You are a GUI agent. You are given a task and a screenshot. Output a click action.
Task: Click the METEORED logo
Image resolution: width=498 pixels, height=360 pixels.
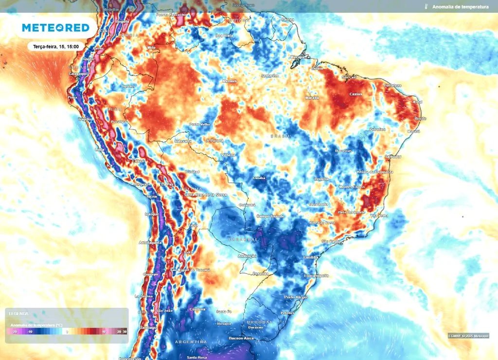(x=55, y=28)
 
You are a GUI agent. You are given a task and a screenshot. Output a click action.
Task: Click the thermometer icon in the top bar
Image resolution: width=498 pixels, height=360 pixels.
(x=426, y=7)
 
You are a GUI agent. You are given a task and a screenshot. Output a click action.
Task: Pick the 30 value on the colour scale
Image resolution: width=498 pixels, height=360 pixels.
(x=125, y=331)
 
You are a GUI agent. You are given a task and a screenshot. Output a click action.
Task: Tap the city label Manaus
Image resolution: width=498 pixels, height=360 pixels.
(x=229, y=81)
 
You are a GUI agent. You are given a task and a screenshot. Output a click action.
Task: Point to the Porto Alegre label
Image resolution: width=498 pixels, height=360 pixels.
(x=296, y=297)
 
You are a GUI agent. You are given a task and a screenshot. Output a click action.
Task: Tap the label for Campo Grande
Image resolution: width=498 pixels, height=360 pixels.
(x=269, y=216)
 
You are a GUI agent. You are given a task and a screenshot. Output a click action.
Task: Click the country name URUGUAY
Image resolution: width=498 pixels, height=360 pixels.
(x=259, y=323)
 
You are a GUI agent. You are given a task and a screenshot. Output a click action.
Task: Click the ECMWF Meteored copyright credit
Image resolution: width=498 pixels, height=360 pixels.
(x=468, y=336)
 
